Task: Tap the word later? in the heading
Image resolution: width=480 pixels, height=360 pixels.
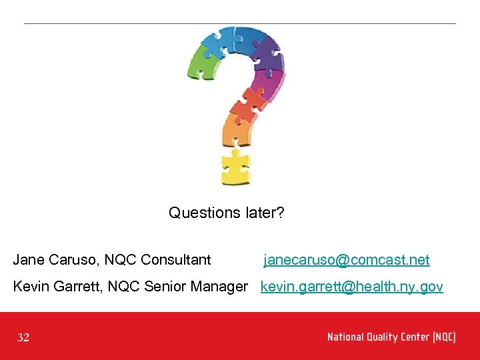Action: pyautogui.click(x=264, y=213)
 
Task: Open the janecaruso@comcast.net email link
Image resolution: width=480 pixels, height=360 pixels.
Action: pyautogui.click(x=347, y=260)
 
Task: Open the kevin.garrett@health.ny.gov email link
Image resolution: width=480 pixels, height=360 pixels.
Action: pyautogui.click(x=351, y=287)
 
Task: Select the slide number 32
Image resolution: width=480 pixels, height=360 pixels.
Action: pyautogui.click(x=23, y=338)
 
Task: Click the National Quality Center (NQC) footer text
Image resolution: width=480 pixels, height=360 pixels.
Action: pyautogui.click(x=391, y=337)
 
